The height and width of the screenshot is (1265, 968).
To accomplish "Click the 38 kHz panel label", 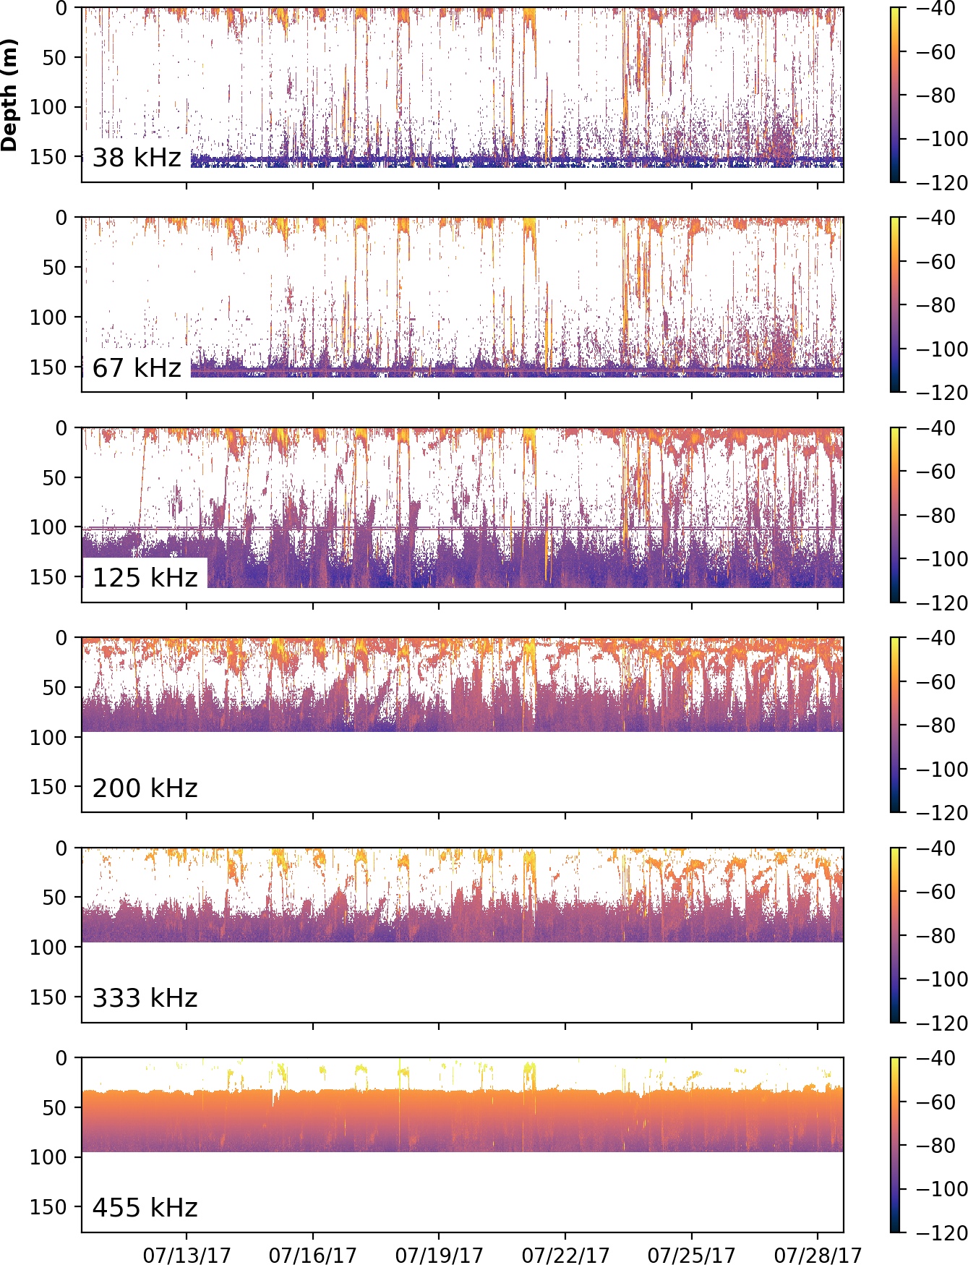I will pos(137,157).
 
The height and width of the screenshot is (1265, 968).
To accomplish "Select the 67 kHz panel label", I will pos(137,367).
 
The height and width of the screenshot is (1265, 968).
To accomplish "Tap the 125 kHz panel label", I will pos(145,577).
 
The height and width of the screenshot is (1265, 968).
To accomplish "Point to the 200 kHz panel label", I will pos(145,788).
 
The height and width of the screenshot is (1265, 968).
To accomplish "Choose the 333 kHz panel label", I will pos(145,997).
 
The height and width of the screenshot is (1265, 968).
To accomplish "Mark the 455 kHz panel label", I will pos(145,1207).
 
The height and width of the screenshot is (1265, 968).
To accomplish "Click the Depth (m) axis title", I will pos(9,95).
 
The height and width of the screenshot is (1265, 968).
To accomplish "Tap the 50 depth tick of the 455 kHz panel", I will pos(54,1107).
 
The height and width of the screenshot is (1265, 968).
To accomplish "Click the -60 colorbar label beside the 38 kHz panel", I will pos(936,52).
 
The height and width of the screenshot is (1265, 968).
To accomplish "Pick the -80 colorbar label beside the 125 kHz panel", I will pos(936,516).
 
